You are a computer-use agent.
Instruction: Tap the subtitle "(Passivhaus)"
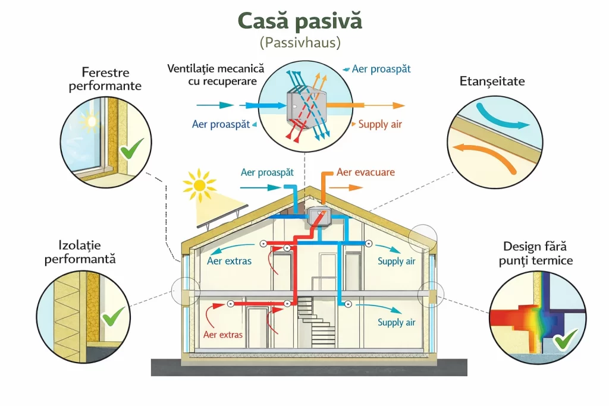click(x=300, y=43)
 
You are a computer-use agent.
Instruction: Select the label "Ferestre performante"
click(x=105, y=80)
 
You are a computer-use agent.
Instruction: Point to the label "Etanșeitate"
click(x=492, y=81)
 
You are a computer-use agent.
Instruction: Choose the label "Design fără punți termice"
click(x=538, y=253)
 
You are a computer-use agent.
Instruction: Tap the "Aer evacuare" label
click(x=366, y=172)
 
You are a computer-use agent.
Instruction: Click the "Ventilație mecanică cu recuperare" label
click(x=215, y=75)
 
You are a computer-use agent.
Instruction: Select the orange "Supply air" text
click(x=380, y=124)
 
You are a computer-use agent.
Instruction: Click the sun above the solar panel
click(x=199, y=184)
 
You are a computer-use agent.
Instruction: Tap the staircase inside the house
click(x=313, y=321)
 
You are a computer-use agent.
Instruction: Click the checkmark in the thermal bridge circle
click(x=566, y=340)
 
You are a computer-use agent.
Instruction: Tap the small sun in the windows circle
click(x=90, y=121)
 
